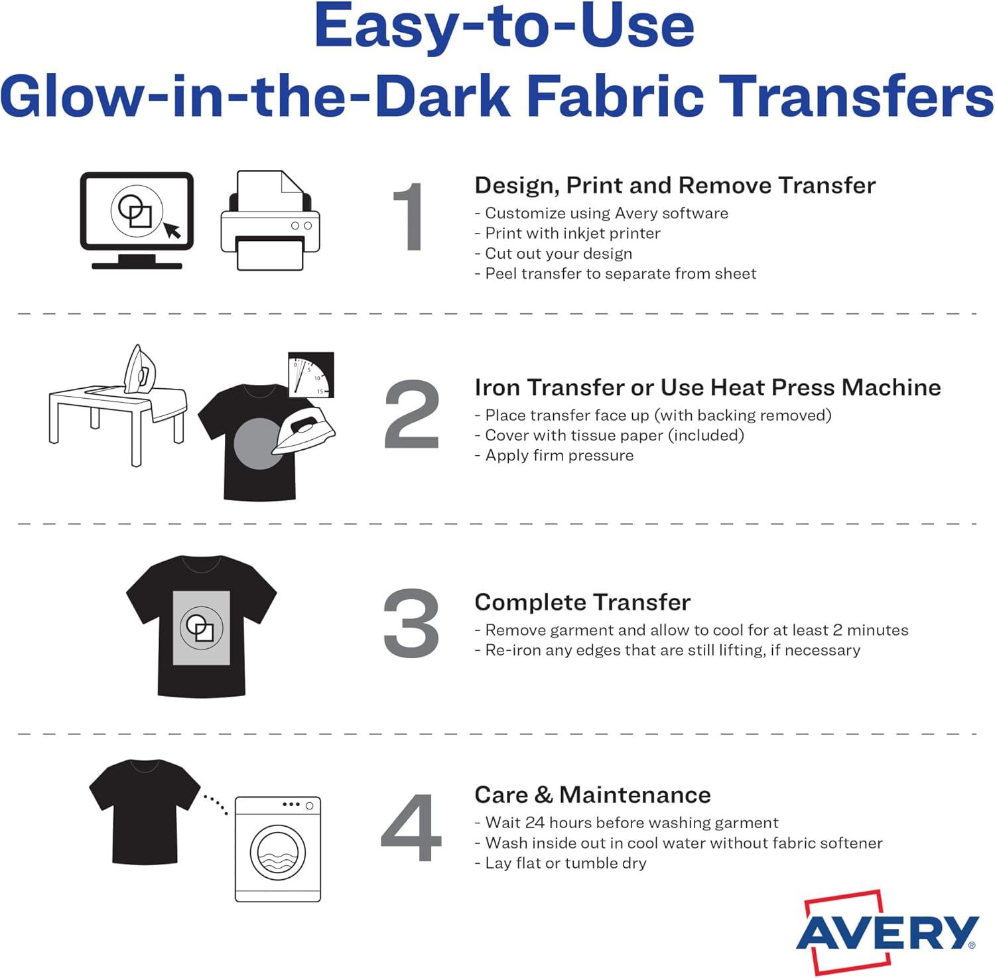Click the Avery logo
click(888, 932)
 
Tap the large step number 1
click(409, 217)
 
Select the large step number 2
click(412, 414)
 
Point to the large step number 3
click(411, 623)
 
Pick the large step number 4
click(411, 828)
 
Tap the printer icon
click(270, 220)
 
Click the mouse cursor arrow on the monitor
click(172, 230)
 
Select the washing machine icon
click(278, 849)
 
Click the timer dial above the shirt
click(311, 375)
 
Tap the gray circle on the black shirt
click(258, 443)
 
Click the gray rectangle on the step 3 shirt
click(202, 628)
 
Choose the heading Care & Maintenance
click(592, 794)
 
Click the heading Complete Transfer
click(582, 602)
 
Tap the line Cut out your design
click(553, 253)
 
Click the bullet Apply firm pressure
click(554, 455)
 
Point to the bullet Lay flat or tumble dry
click(561, 863)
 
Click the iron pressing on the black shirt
click(304, 432)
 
